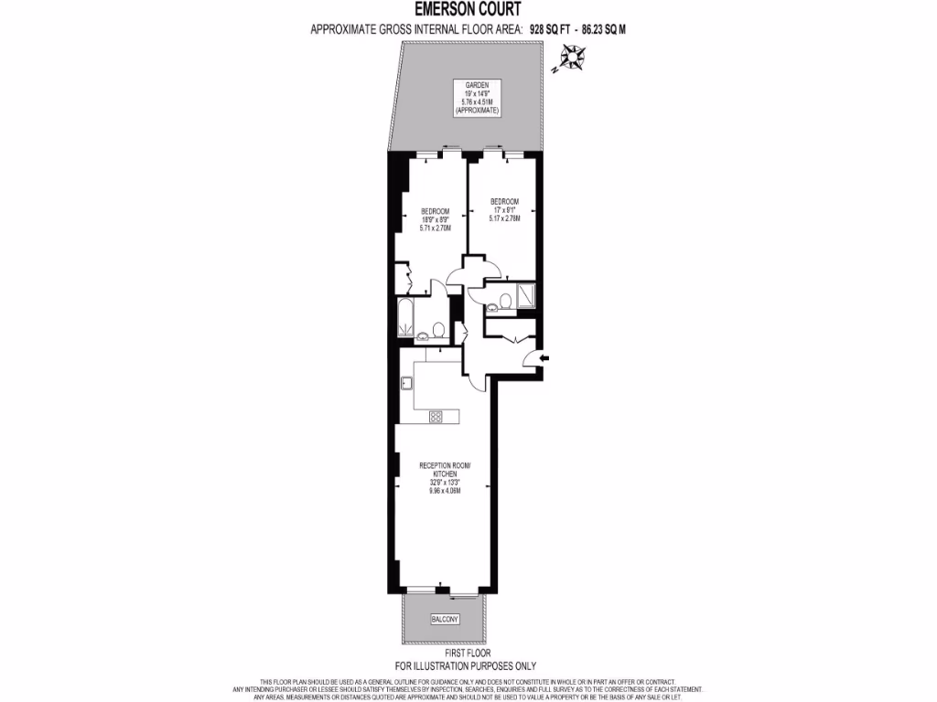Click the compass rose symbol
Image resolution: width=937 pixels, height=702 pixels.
click(571, 59)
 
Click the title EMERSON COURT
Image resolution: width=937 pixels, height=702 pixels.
click(468, 9)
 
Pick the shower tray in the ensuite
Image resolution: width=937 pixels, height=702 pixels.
click(526, 295)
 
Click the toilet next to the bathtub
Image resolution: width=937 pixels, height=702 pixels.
click(438, 329)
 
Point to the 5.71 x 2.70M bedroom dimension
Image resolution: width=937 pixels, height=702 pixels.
click(436, 228)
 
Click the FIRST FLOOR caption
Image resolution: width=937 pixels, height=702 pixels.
click(468, 654)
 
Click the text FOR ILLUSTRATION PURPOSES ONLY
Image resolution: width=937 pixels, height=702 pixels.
click(468, 666)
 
